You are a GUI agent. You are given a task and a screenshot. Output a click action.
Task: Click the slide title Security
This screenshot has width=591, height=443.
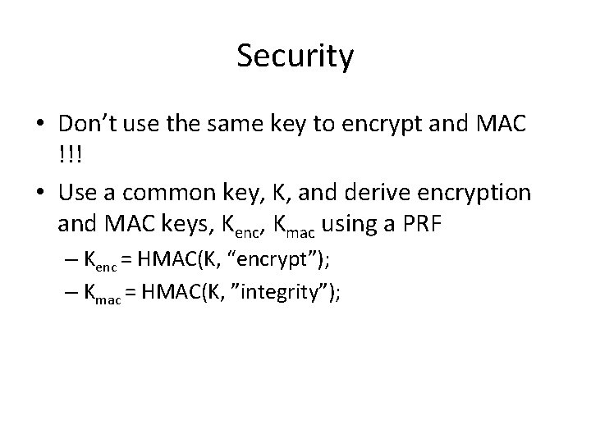pos(295,57)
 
